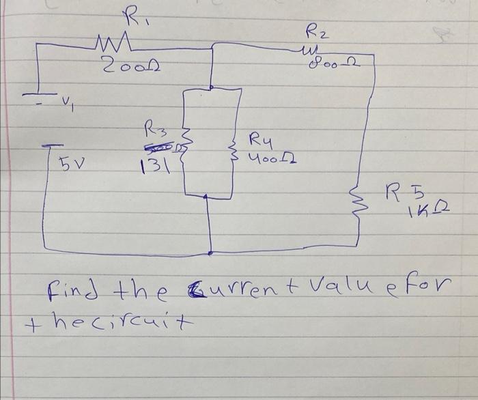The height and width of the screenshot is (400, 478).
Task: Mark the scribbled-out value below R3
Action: (159, 146)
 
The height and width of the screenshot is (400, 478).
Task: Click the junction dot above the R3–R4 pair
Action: (212, 87)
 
